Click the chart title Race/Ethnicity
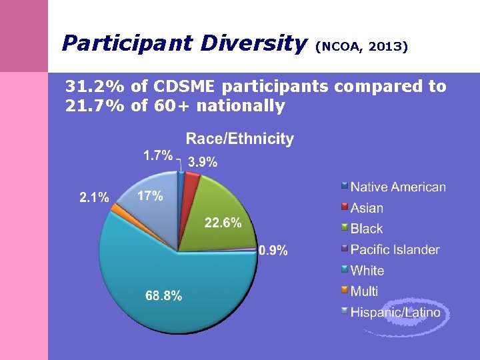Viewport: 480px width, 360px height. point(239,139)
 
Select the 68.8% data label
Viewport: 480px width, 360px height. point(163,296)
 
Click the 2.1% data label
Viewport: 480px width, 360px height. point(94,197)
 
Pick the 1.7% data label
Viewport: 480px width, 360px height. point(158,155)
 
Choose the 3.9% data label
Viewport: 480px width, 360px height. point(202,162)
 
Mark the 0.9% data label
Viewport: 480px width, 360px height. point(273,251)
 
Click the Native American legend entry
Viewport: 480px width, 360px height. point(398,187)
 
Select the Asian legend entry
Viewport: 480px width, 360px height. point(367,208)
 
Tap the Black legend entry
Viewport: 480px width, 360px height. point(367,229)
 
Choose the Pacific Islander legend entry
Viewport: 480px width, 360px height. point(395,249)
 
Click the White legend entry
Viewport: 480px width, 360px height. point(367,270)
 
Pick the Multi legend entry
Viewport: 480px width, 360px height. point(364,291)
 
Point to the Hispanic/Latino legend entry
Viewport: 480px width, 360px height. point(395,311)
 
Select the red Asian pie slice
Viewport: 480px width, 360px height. point(191,179)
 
